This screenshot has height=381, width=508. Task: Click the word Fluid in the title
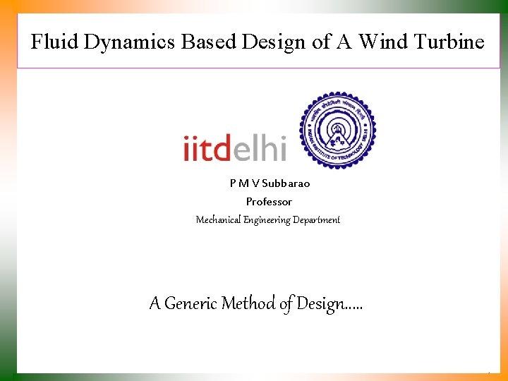54,42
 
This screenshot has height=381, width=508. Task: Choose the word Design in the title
274,43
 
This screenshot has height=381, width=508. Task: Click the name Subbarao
286,183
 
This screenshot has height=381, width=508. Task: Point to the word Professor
269,202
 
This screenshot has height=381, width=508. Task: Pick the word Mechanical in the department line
218,220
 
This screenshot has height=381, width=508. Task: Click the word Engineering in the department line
267,220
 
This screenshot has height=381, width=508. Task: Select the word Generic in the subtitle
191,303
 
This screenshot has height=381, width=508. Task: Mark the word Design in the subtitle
317,304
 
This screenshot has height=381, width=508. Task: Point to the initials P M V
244,183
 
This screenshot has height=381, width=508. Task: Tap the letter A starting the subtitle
155,303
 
